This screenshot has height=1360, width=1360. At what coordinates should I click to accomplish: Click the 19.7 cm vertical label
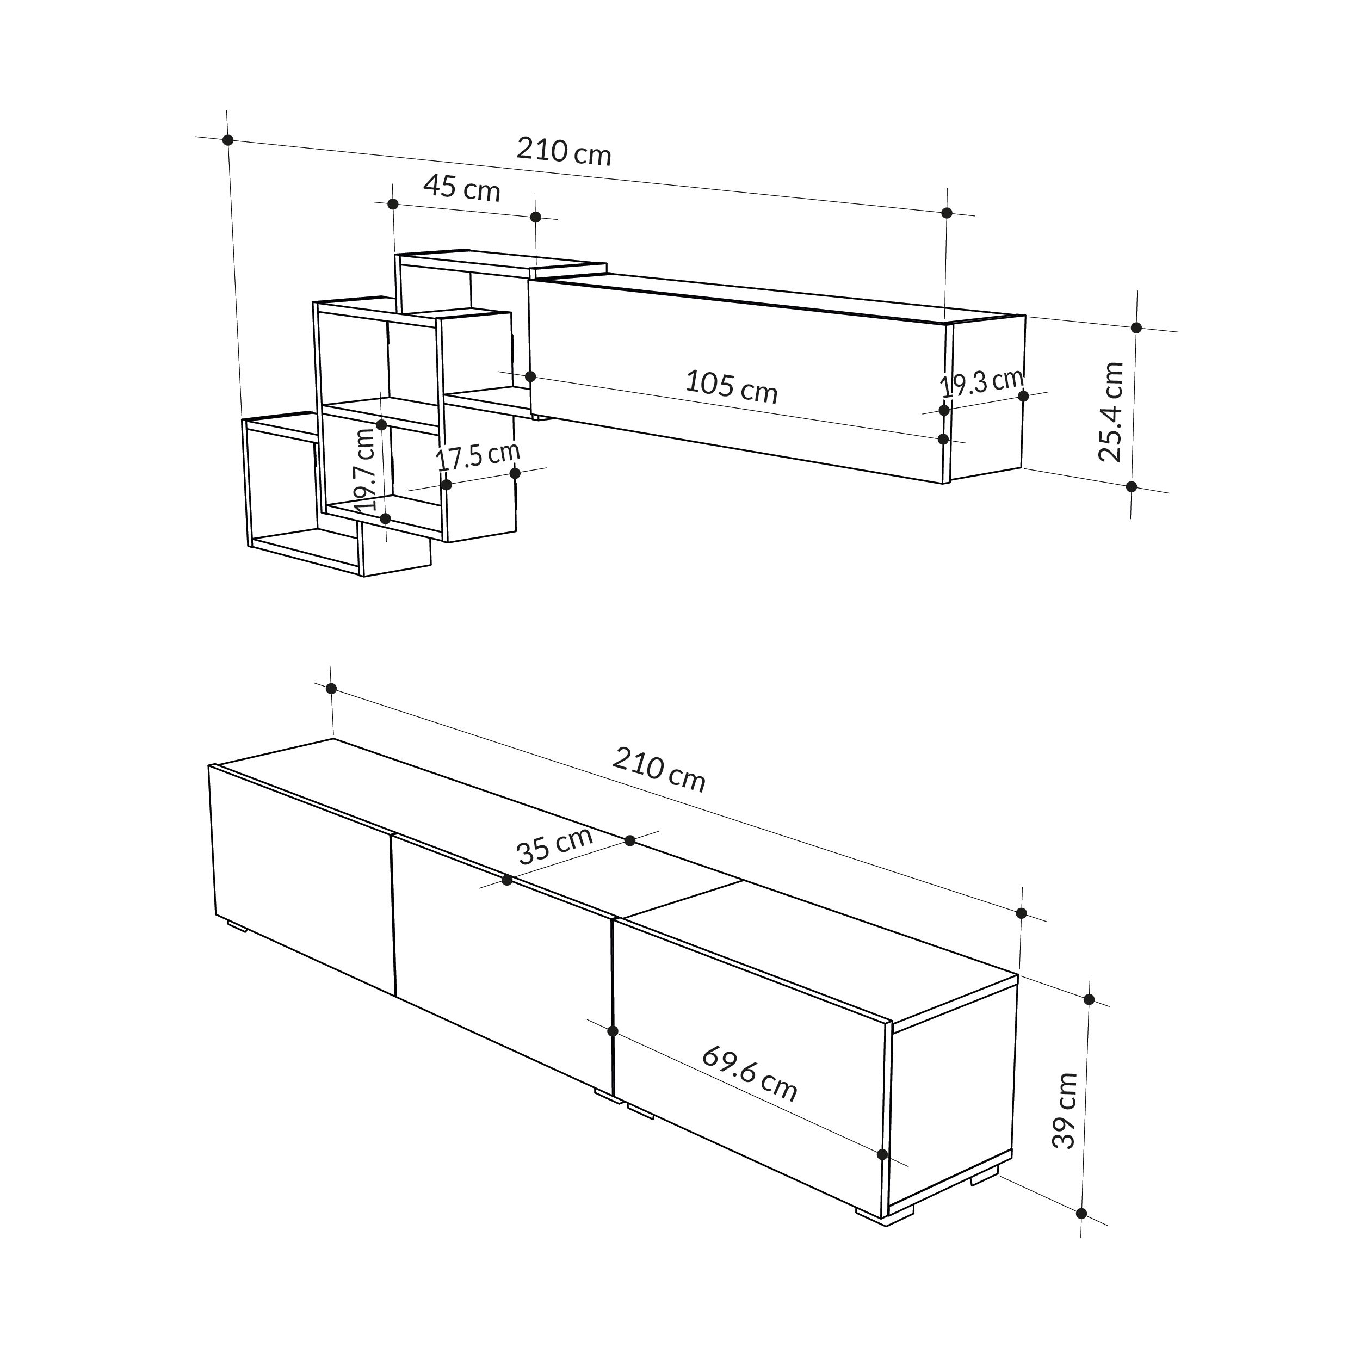tap(366, 469)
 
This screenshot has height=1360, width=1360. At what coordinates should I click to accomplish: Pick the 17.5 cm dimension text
tap(478, 457)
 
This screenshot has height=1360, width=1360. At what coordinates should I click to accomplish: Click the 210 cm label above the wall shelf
tap(564, 151)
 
